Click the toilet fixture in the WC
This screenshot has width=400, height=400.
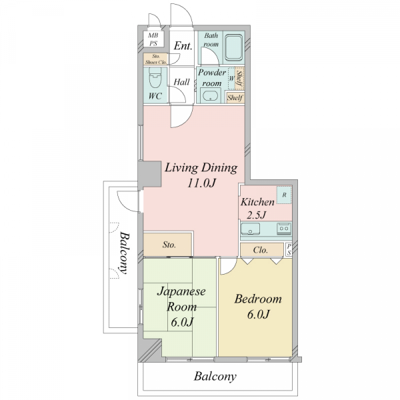(x=155, y=77)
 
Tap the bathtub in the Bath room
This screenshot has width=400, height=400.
(x=234, y=48)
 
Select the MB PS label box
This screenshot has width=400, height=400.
(x=153, y=39)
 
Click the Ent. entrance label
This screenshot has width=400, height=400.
(x=183, y=46)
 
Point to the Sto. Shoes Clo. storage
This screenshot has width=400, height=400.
(x=155, y=59)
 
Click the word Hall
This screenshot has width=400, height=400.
(x=181, y=82)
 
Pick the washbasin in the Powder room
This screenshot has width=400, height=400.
(x=211, y=96)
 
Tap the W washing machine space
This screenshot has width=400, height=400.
(x=231, y=78)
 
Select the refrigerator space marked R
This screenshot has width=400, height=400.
(x=284, y=195)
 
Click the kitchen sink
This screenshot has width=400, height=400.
(x=250, y=229)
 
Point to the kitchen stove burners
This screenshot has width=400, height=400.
(x=284, y=229)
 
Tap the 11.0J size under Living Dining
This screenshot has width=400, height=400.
(x=201, y=183)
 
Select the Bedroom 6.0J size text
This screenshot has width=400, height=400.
(x=258, y=314)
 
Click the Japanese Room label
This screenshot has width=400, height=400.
(x=181, y=299)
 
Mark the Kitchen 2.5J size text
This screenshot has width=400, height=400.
(x=257, y=215)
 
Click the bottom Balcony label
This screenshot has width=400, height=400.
(x=215, y=376)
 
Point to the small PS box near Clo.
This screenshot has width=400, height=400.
(x=289, y=249)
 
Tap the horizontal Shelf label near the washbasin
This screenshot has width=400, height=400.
(x=235, y=97)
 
